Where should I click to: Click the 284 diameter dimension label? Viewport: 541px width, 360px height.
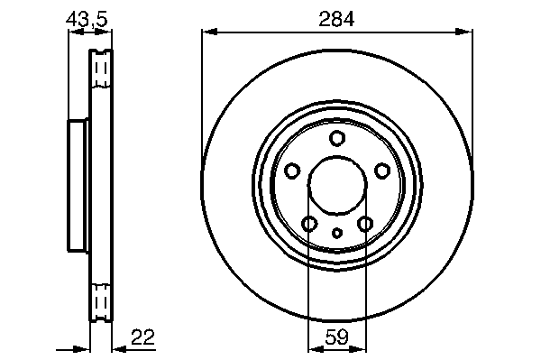[x=336, y=19]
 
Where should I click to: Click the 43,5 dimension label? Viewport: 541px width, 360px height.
[x=87, y=19]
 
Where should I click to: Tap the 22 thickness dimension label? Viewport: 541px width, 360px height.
[x=143, y=337]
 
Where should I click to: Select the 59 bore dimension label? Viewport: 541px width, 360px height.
[x=337, y=337]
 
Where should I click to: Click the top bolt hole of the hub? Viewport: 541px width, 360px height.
[x=337, y=138]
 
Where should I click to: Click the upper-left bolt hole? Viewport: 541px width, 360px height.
[x=292, y=171]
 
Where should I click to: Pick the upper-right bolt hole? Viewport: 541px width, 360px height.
[x=382, y=171]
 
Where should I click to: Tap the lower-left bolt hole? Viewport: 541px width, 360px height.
[x=309, y=224]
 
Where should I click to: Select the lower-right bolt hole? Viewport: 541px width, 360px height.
[x=365, y=224]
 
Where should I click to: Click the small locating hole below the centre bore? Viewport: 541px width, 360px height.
[x=337, y=234]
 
